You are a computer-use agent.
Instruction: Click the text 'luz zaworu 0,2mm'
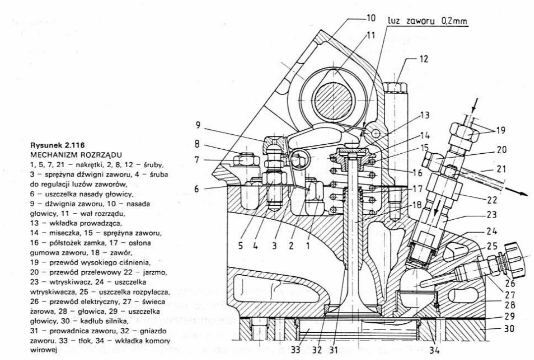coord(427,21)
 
